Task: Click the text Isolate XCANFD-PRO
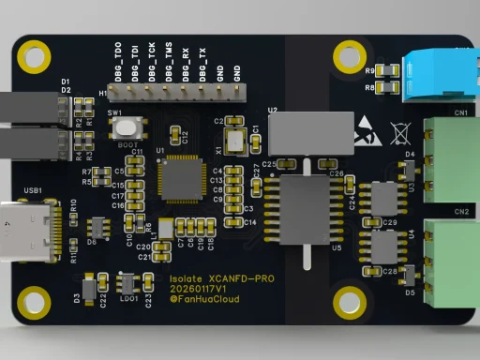click(x=221, y=278)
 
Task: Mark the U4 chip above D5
click(x=385, y=247)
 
